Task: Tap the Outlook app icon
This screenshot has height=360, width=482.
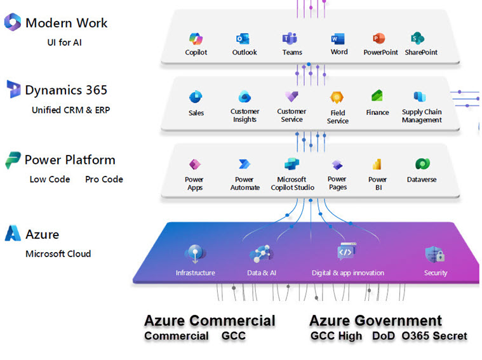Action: pyautogui.click(x=243, y=37)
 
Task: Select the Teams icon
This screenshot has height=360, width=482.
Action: pyautogui.click(x=291, y=37)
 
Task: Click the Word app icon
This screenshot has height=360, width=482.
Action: pyautogui.click(x=338, y=37)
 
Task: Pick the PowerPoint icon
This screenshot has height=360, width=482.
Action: pyautogui.click(x=380, y=37)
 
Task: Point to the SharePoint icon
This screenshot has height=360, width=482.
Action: pyautogui.click(x=418, y=37)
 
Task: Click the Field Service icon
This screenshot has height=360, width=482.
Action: pyautogui.click(x=337, y=98)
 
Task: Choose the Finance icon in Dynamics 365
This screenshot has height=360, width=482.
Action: pyautogui.click(x=377, y=97)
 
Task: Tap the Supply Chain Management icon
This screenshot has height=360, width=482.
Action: pyautogui.click(x=420, y=97)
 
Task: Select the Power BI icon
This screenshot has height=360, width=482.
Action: pyautogui.click(x=377, y=164)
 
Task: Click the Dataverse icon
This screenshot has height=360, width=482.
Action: pyautogui.click(x=421, y=164)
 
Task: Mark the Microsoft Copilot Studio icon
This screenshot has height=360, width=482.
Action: pyautogui.click(x=291, y=164)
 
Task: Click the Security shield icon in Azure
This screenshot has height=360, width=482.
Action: pyautogui.click(x=435, y=254)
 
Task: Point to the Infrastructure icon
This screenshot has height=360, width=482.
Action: pyautogui.click(x=195, y=254)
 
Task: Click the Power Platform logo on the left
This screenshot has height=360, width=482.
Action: pyautogui.click(x=13, y=159)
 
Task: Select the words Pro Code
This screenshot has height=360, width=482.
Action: pyautogui.click(x=104, y=179)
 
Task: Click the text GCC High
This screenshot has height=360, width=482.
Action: pyautogui.click(x=336, y=336)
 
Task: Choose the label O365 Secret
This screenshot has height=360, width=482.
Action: pyautogui.click(x=434, y=336)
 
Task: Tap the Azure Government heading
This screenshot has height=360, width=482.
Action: pyautogui.click(x=375, y=321)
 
